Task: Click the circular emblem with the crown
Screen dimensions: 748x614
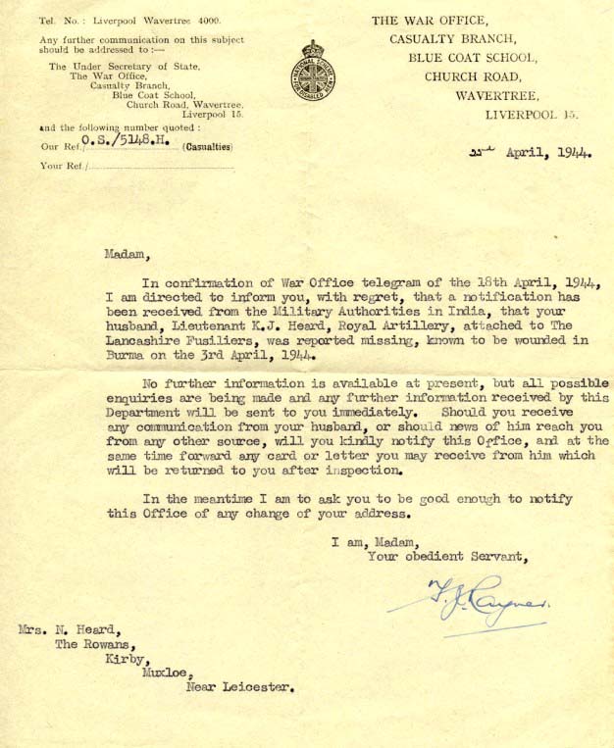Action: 312,72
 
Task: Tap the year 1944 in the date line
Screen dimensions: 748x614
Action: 572,154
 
